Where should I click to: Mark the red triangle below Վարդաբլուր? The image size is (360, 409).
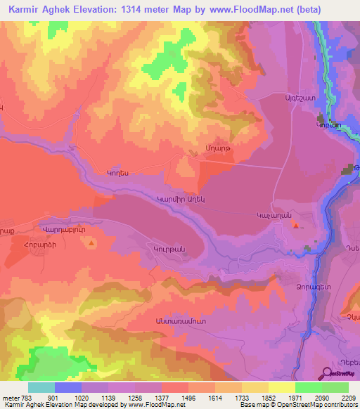pyautogui.click(x=92, y=243)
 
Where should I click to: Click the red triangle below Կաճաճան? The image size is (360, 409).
pyautogui.click(x=295, y=226)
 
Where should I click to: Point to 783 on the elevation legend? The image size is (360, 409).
pyautogui.click(x=23, y=398)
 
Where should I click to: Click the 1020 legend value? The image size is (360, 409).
pyautogui.click(x=82, y=398)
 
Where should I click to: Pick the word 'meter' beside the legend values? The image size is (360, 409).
pyautogui.click(x=9, y=398)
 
